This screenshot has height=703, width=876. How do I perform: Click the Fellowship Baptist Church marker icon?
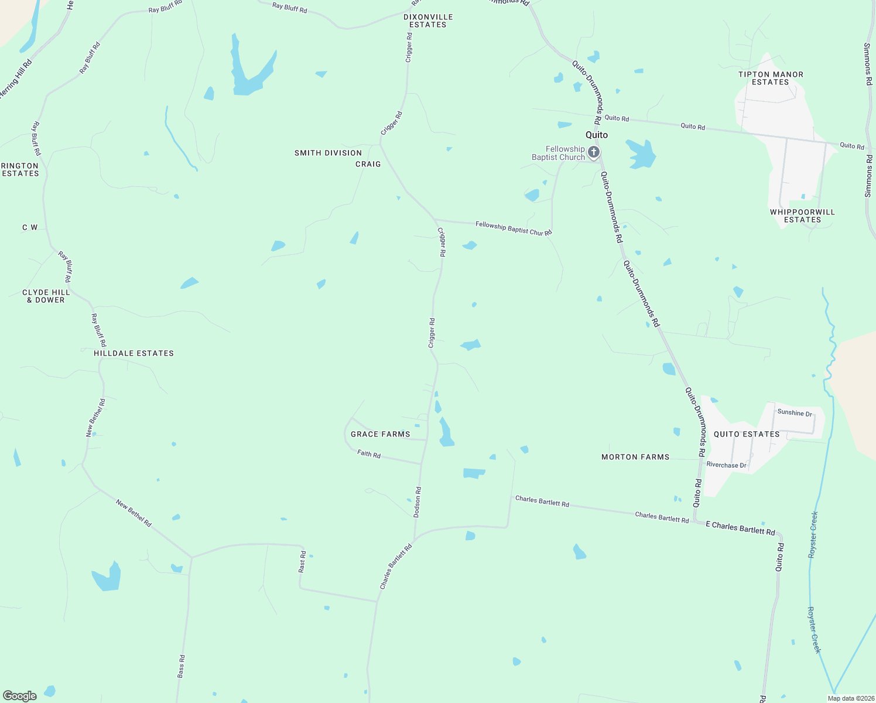594,153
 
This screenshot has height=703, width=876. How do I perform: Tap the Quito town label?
597,135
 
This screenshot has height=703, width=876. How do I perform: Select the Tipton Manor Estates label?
771,79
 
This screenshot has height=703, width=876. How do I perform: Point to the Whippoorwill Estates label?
802,216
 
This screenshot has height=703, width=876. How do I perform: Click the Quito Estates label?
747,434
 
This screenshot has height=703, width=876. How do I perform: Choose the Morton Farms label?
635,457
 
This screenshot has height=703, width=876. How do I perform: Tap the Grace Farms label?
380,434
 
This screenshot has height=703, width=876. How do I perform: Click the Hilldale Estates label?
134,353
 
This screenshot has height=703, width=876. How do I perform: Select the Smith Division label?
328,153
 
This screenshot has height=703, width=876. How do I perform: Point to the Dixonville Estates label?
428,21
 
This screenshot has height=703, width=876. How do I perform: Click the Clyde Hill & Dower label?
46,296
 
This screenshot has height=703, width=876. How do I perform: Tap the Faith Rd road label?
369,453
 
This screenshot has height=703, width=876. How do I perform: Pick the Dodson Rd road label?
418,502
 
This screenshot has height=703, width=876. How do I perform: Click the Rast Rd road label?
302,562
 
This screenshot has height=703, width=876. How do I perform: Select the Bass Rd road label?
182,667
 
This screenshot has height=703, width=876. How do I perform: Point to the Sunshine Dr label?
795,413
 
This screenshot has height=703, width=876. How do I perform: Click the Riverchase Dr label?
726,465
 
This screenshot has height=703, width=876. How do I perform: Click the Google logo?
20,696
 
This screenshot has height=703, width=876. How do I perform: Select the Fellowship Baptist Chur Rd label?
514,228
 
